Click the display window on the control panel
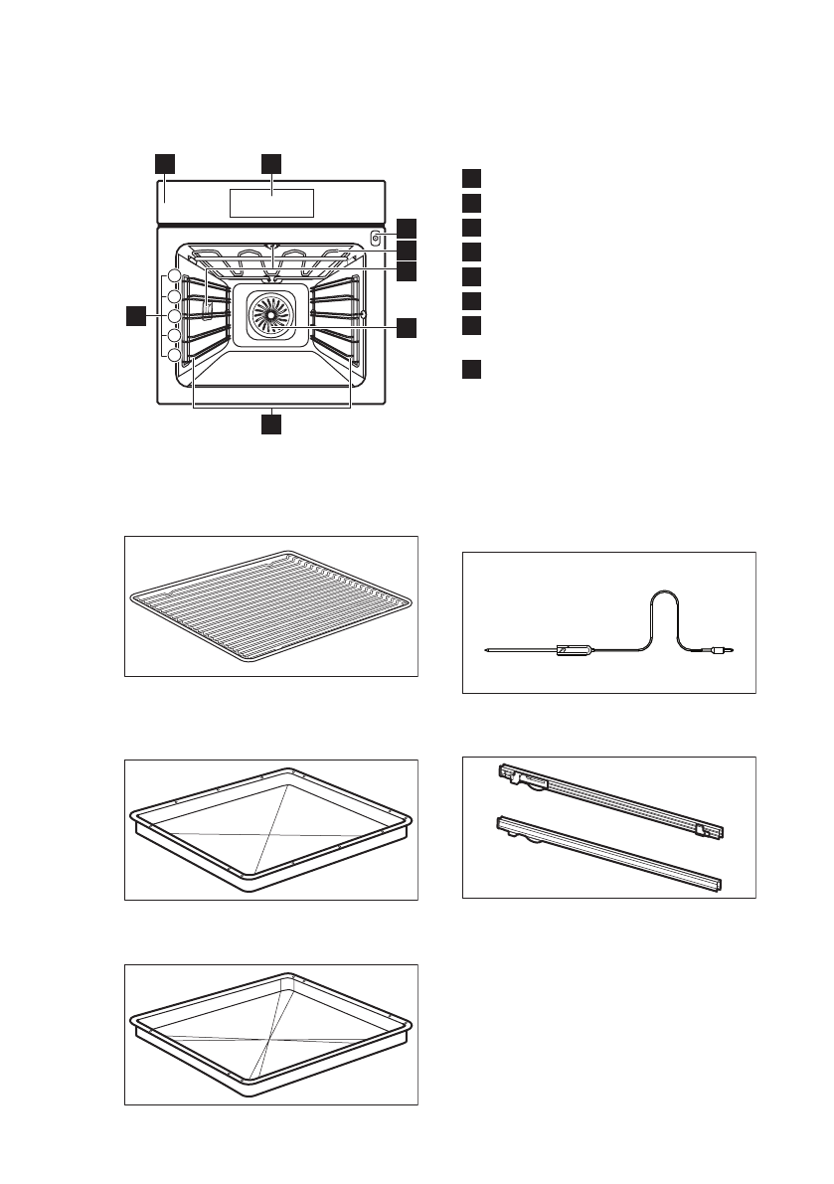click(x=271, y=203)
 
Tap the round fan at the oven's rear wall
click(x=270, y=313)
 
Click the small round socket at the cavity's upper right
click(x=375, y=239)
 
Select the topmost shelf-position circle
click(x=174, y=276)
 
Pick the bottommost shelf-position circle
click(x=174, y=356)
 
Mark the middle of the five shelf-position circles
click(x=174, y=316)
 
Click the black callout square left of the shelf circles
click(x=136, y=316)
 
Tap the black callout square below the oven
click(x=271, y=424)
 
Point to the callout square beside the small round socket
click(x=407, y=228)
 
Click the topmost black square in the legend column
click(x=471, y=179)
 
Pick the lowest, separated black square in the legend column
click(x=471, y=370)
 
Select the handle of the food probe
click(x=576, y=649)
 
